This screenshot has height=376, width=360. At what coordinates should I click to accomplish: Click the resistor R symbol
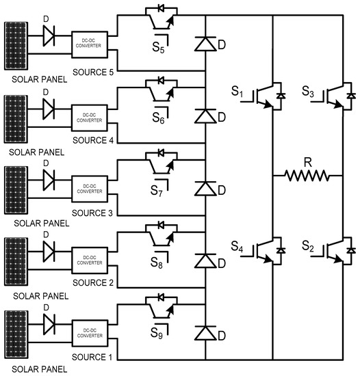(307, 176)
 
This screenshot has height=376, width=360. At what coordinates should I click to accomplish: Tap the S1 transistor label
(236, 91)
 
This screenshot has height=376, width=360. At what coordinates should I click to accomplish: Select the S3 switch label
(311, 91)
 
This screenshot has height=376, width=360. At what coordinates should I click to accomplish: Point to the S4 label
(236, 245)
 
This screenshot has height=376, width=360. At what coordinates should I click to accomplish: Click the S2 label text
(311, 245)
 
